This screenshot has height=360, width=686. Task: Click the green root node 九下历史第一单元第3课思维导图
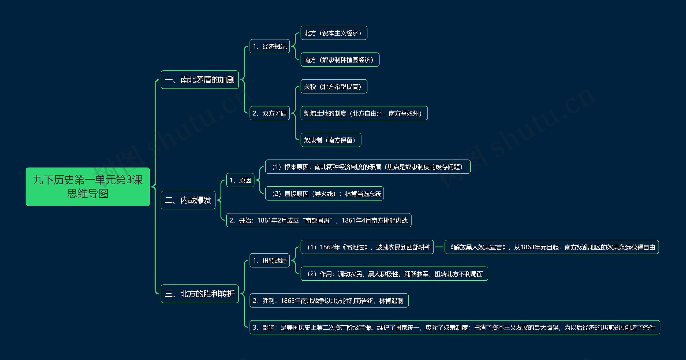[88, 187]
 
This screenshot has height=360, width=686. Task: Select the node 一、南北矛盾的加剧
[199, 80]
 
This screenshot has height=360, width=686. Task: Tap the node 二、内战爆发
[188, 200]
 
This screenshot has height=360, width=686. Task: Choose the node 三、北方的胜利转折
[199, 294]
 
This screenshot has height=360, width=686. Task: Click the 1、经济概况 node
[270, 46]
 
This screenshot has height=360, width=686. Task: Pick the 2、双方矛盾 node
[270, 113]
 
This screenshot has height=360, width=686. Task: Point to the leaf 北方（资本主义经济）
[334, 33]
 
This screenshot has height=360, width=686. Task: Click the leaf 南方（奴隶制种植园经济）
[340, 60]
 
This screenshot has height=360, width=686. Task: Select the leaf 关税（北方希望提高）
[334, 87]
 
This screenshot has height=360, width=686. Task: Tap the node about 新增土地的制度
[364, 113]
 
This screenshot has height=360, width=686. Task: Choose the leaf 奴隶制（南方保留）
[331, 140]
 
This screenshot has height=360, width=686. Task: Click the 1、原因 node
[240, 180]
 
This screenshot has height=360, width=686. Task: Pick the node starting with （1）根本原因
[368, 167]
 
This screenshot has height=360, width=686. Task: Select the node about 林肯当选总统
[324, 194]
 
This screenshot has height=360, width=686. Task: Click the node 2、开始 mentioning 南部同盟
[319, 220]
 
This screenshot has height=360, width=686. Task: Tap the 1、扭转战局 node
[270, 261]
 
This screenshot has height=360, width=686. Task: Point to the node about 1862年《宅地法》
[367, 247]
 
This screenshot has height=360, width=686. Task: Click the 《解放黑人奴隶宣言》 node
[551, 247]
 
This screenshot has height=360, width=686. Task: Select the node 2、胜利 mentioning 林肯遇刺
[329, 301]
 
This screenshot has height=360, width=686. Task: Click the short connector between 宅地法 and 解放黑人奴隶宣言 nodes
[439, 247]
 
